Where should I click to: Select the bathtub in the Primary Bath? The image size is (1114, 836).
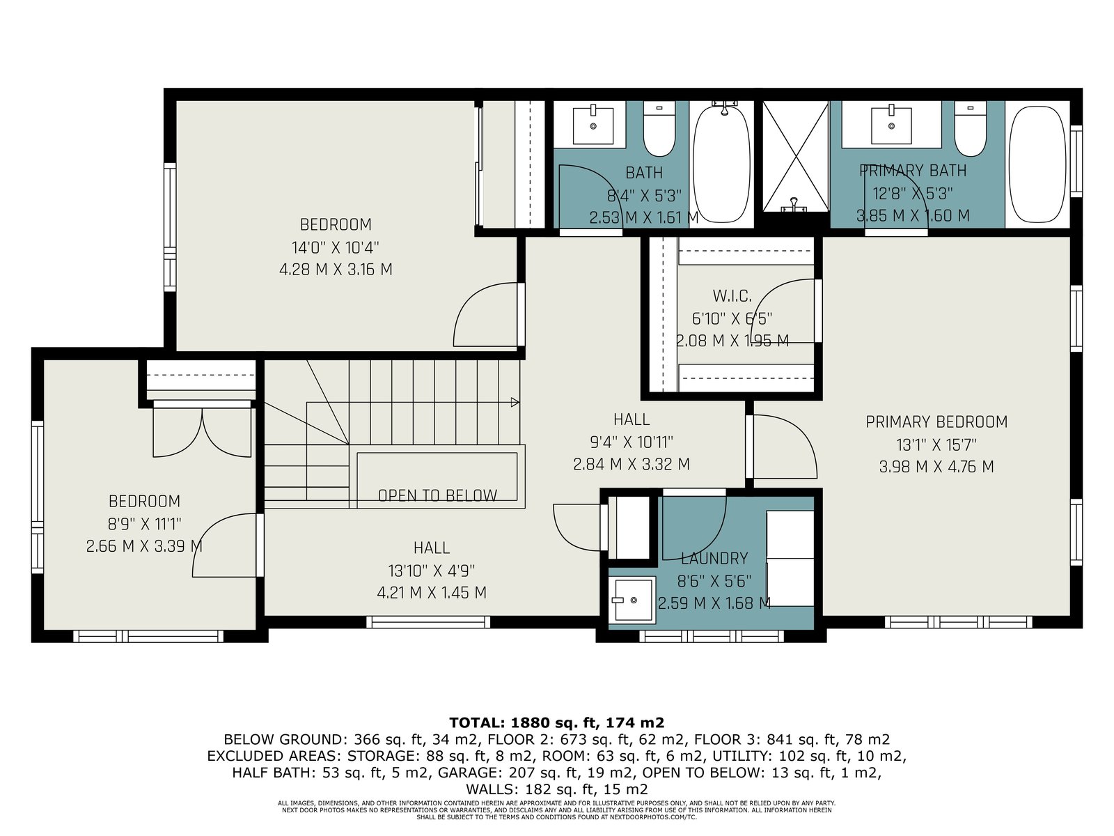pyautogui.click(x=1037, y=164)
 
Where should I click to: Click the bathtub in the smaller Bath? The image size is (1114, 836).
pyautogui.click(x=721, y=164)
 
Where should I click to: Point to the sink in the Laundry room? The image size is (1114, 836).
pyautogui.click(x=633, y=600)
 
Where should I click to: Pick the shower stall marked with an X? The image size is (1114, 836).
pyautogui.click(x=795, y=156)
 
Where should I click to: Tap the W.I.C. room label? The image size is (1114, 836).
pyautogui.click(x=732, y=296)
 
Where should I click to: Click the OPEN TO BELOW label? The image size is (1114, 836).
pyautogui.click(x=437, y=495)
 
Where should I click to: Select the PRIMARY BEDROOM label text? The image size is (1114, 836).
pyautogui.click(x=936, y=421)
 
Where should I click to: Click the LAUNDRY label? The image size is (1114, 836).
pyautogui.click(x=714, y=558)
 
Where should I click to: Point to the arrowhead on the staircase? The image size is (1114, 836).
pyautogui.click(x=515, y=403)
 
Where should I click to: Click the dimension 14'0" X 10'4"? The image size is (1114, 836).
pyautogui.click(x=336, y=248)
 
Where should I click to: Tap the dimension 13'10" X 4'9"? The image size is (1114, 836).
pyautogui.click(x=432, y=571)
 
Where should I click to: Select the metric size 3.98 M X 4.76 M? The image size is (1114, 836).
pyautogui.click(x=936, y=467)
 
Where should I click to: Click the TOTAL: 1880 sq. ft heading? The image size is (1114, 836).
pyautogui.click(x=556, y=722)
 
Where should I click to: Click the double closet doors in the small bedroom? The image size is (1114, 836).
pyautogui.click(x=202, y=431)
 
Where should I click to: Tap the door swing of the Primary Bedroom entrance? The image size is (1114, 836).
pyautogui.click(x=785, y=447)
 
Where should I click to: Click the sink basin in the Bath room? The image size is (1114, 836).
pyautogui.click(x=593, y=125)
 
